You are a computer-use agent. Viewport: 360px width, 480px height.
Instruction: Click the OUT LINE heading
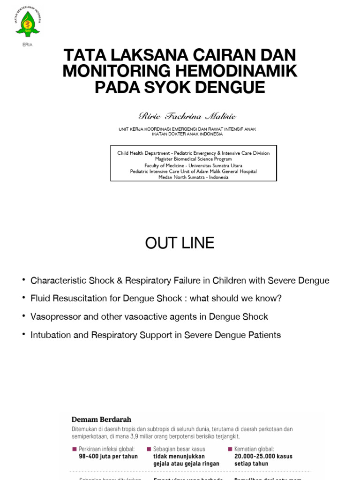tap(180, 243)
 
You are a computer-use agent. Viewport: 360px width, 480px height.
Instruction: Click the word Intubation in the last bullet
tap(51, 335)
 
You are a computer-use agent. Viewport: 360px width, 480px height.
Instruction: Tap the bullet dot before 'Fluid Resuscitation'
tap(23, 298)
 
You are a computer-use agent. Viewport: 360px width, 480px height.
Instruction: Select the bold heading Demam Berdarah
tap(101, 420)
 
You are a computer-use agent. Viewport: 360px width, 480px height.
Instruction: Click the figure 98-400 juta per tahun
tap(108, 457)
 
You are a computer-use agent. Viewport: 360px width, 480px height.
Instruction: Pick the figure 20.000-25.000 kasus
tap(263, 457)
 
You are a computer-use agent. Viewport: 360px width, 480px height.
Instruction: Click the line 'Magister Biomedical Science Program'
tap(193, 159)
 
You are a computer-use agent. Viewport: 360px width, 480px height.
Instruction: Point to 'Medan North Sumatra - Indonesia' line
tap(193, 178)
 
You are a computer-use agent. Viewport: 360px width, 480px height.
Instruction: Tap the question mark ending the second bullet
tap(279, 299)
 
